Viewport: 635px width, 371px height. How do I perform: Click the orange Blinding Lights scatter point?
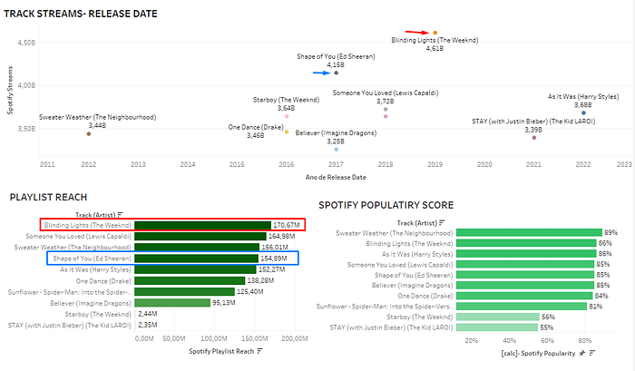click(x=435, y=33)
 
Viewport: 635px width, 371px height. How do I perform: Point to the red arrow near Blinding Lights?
click(x=417, y=32)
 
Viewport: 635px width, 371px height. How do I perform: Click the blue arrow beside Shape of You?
click(x=322, y=73)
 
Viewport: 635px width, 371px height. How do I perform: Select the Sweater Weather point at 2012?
click(x=89, y=133)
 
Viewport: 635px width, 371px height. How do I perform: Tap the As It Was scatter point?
click(x=583, y=112)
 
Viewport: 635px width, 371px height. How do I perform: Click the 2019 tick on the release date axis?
click(x=435, y=165)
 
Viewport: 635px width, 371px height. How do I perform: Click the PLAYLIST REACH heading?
click(x=49, y=197)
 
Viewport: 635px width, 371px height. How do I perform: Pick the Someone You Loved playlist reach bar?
click(x=197, y=235)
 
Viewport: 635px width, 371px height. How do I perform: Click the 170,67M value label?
click(x=287, y=224)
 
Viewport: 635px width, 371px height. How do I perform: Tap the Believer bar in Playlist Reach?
click(x=171, y=302)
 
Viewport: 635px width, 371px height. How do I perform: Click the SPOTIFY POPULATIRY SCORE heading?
click(x=386, y=206)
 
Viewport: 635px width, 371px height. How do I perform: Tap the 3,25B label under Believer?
click(x=336, y=142)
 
